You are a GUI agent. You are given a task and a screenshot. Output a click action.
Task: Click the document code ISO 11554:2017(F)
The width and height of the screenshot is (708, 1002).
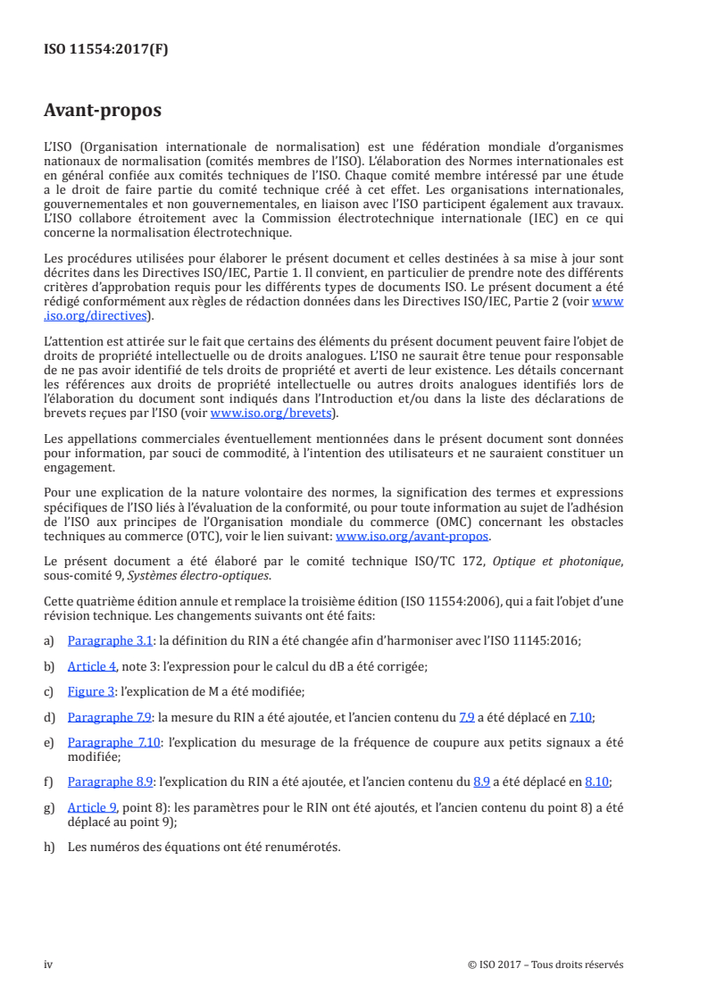pyautogui.click(x=105, y=50)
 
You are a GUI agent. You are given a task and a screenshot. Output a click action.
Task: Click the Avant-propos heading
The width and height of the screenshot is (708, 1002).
pyautogui.click(x=103, y=111)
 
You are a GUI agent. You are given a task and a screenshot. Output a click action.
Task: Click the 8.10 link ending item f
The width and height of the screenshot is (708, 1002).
pyautogui.click(x=596, y=781)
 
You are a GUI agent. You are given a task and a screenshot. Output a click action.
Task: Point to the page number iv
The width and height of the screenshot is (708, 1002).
pyautogui.click(x=48, y=964)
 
